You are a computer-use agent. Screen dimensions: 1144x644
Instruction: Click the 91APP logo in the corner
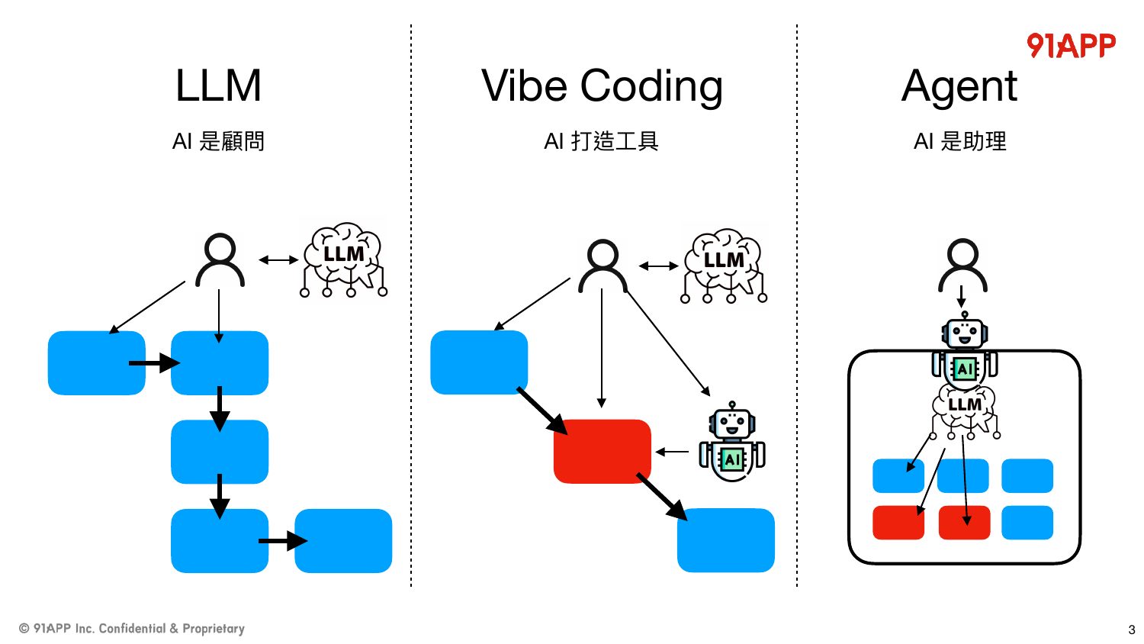click(1071, 46)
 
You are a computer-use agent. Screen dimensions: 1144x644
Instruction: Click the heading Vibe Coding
click(602, 86)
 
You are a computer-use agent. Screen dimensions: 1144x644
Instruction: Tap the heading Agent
click(959, 87)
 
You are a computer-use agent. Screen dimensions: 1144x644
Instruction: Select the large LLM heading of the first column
click(218, 85)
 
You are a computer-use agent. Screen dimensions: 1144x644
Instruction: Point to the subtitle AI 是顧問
click(218, 141)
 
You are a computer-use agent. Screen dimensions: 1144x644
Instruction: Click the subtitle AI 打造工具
click(601, 141)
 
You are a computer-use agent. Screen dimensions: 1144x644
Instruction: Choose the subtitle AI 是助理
click(959, 141)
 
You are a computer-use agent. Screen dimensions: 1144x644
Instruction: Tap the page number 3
click(1131, 630)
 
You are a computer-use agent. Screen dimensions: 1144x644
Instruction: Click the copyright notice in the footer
click(132, 628)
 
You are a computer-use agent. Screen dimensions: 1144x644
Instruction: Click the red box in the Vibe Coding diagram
click(603, 451)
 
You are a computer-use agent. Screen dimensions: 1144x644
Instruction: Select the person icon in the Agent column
click(962, 266)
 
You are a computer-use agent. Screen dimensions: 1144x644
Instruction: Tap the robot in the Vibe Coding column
click(732, 442)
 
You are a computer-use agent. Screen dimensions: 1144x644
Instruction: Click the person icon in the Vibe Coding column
click(603, 266)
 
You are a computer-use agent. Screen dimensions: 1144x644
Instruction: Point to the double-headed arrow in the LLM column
click(278, 260)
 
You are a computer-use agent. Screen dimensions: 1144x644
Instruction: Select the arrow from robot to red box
click(672, 452)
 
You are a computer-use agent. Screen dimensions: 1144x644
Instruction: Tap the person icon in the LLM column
click(220, 260)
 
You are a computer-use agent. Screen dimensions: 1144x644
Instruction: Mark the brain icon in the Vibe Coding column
click(724, 266)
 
